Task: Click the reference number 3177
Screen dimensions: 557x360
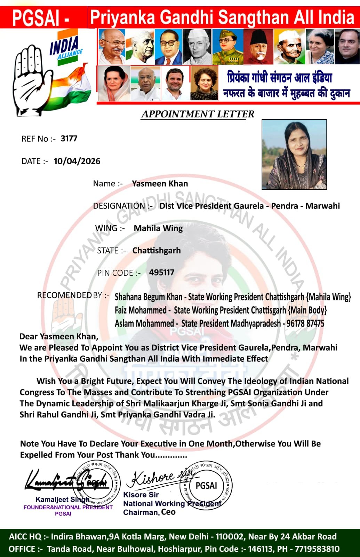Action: [69, 139]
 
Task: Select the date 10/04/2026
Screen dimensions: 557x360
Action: [77, 161]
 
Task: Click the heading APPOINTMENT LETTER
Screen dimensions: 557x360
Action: [198, 114]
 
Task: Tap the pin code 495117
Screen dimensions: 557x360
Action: [161, 273]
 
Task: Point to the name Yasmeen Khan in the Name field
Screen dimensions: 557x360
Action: [160, 183]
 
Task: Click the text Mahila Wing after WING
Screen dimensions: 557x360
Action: [158, 228]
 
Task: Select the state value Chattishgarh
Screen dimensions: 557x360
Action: [157, 250]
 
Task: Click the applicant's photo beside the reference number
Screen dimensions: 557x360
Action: [294, 154]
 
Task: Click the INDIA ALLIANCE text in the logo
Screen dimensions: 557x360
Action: [65, 48]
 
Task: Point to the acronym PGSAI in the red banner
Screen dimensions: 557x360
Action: [36, 18]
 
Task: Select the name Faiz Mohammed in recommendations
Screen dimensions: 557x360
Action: [141, 310]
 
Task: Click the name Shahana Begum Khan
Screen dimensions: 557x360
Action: [149, 297]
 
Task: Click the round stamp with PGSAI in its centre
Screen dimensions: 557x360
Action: [206, 486]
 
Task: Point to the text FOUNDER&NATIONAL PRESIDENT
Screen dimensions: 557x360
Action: [68, 507]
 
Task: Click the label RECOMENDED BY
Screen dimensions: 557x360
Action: [70, 295]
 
